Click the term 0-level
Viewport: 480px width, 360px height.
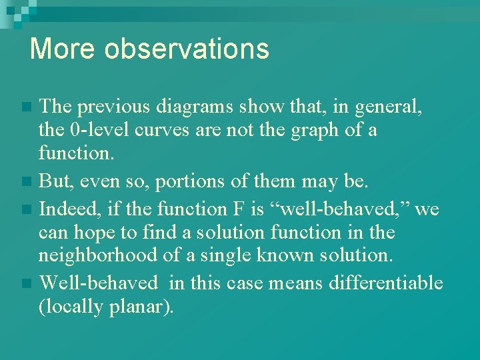105,129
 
